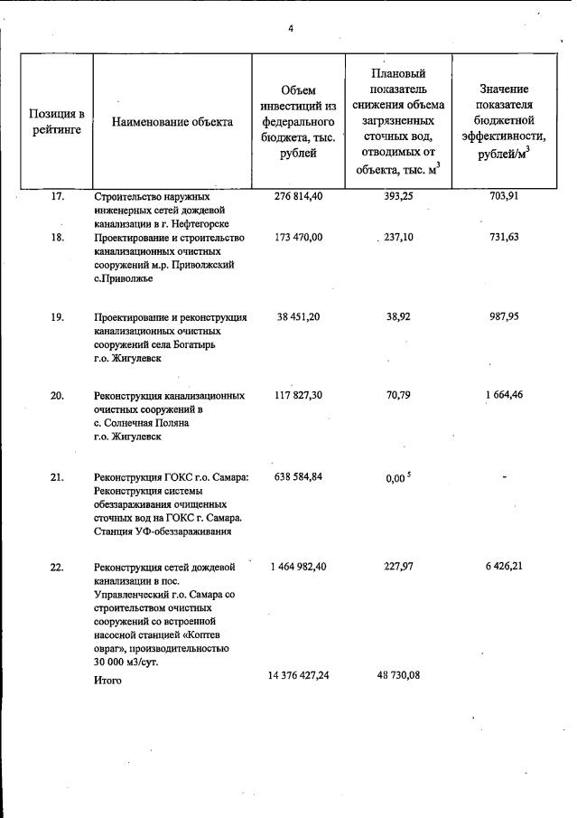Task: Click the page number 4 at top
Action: pyautogui.click(x=290, y=29)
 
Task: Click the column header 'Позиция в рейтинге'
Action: pyautogui.click(x=57, y=121)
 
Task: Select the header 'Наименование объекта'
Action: pyautogui.click(x=172, y=122)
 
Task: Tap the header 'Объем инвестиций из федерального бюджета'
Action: pyautogui.click(x=298, y=121)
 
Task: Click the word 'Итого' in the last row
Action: pyautogui.click(x=107, y=681)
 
